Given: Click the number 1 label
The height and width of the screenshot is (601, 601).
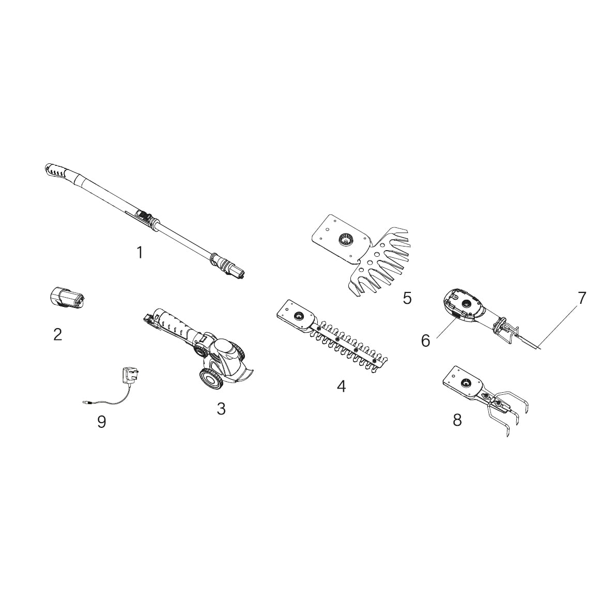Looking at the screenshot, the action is tap(140, 253).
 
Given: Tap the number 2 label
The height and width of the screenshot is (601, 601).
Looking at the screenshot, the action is tap(58, 335).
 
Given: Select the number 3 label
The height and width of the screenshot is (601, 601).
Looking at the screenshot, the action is tap(221, 409).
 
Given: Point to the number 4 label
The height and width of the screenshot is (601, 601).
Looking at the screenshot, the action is tap(341, 386).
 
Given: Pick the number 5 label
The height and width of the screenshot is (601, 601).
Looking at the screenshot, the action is tap(407, 298).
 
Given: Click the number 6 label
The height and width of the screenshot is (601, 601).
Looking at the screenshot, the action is tap(426, 341).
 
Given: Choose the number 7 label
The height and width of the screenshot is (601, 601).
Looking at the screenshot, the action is tap(582, 298).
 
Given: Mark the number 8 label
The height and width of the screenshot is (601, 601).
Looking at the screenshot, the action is tap(457, 420).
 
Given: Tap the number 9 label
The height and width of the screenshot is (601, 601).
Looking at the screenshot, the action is tap(102, 422).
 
